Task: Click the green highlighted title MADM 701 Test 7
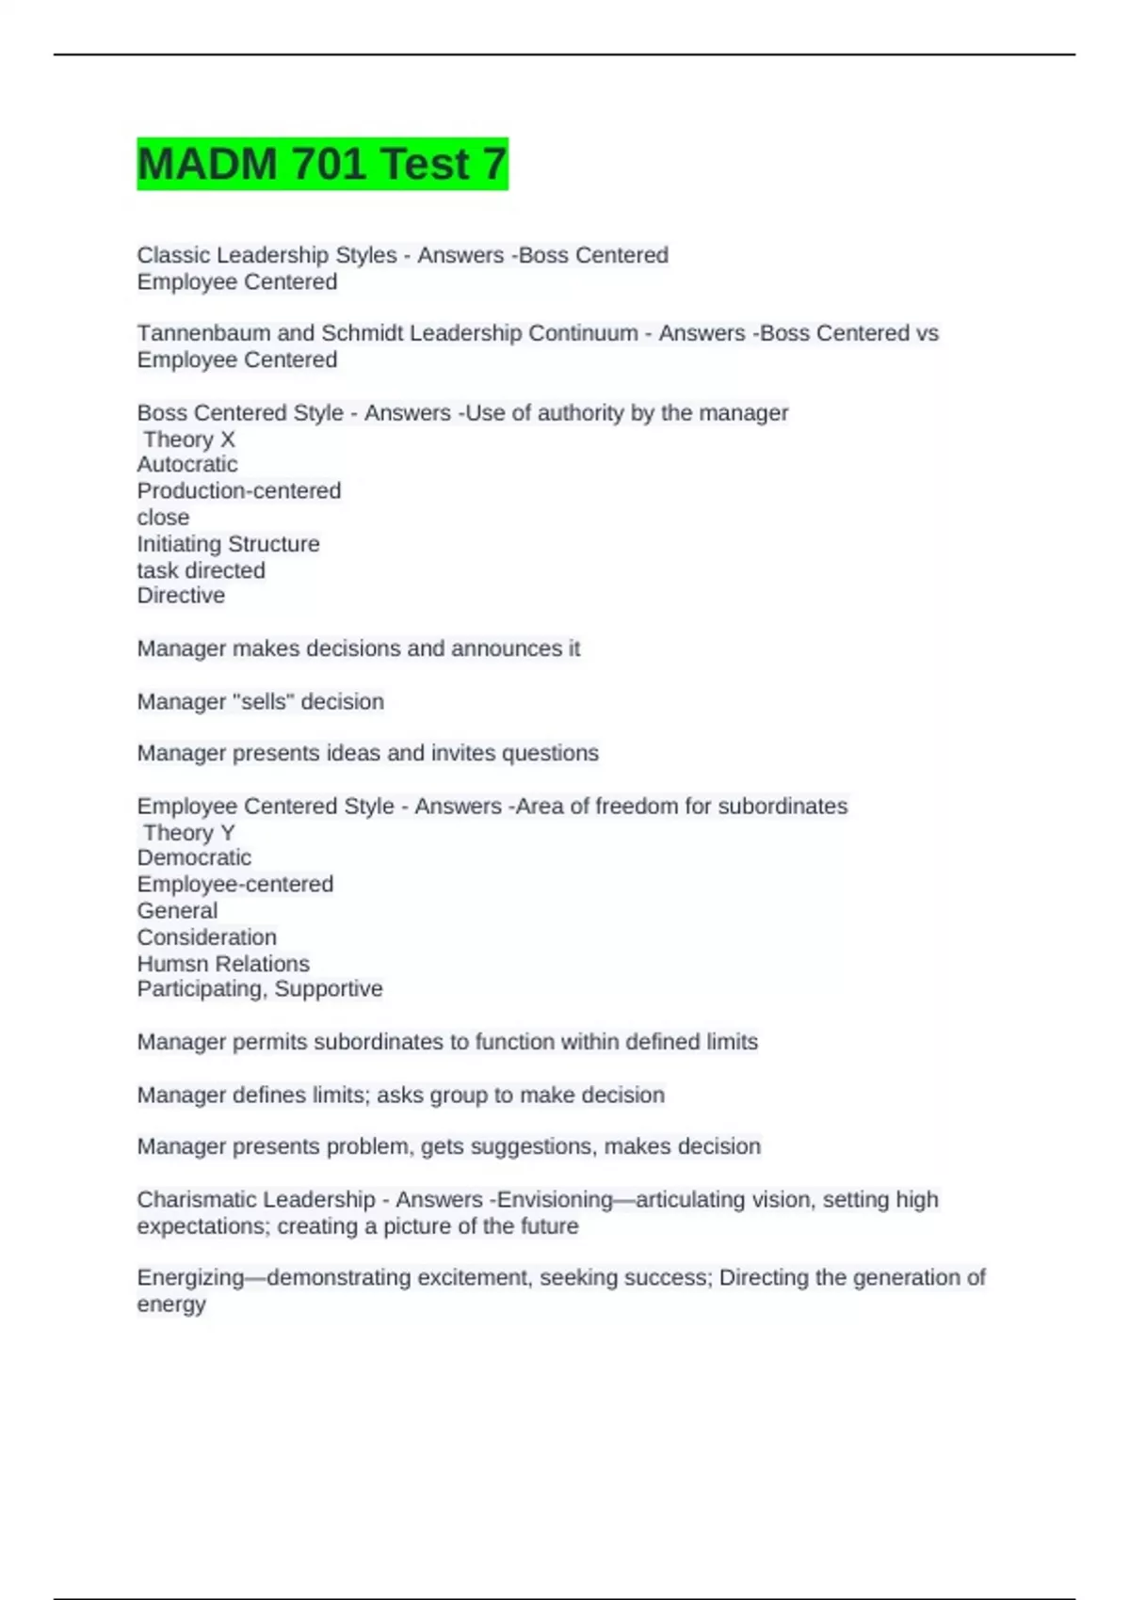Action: pos(322,164)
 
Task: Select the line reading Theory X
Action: pos(188,440)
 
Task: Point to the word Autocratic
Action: pos(187,464)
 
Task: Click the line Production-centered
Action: pos(239,490)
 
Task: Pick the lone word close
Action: pos(163,518)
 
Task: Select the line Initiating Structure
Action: pos(228,544)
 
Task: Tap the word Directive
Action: pos(181,596)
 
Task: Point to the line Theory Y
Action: pos(188,833)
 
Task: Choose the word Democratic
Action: pos(194,857)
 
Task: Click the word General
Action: pos(177,911)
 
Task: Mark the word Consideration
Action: pos(207,937)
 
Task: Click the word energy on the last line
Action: pos(171,1304)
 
